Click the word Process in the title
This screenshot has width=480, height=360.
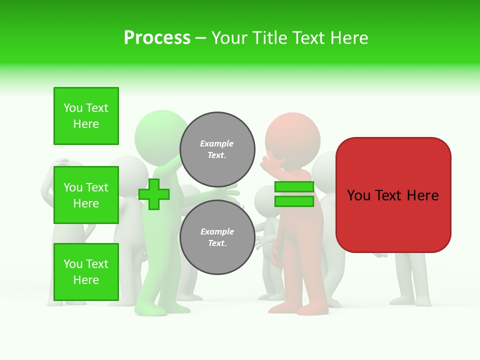pyautogui.click(x=157, y=38)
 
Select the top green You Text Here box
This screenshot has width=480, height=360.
pyautogui.click(x=86, y=116)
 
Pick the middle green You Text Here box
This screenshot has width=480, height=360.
pyautogui.click(x=86, y=195)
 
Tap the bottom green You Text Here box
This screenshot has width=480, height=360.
pyautogui.click(x=86, y=271)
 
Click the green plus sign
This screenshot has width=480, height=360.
pyautogui.click(x=154, y=194)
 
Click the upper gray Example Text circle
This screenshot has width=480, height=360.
pyautogui.click(x=217, y=149)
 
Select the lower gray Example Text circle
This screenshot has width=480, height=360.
pyautogui.click(x=217, y=237)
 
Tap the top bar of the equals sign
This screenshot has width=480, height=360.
pyautogui.click(x=294, y=187)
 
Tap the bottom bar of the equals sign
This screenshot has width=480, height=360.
pyautogui.click(x=294, y=201)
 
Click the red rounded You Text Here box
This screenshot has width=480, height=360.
pyautogui.click(x=393, y=195)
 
